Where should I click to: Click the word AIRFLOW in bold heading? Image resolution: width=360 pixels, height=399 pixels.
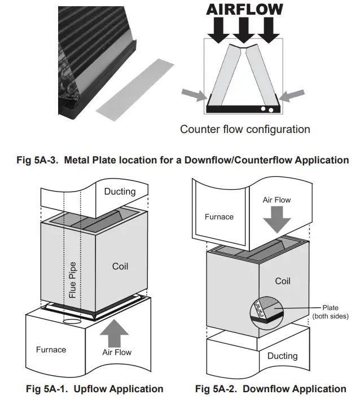pyautogui.click(x=244, y=9)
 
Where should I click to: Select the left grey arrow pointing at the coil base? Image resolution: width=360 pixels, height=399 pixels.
pyautogui.click(x=193, y=96)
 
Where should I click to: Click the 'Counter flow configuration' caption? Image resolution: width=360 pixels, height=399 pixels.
pyautogui.click(x=245, y=129)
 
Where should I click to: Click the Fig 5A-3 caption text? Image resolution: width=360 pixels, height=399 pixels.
pyautogui.click(x=181, y=160)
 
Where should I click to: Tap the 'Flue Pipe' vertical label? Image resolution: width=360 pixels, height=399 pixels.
pyautogui.click(x=72, y=279)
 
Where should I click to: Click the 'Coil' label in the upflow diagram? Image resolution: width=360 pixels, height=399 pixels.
pyautogui.click(x=120, y=266)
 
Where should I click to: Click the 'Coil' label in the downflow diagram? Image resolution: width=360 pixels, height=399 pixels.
pyautogui.click(x=282, y=280)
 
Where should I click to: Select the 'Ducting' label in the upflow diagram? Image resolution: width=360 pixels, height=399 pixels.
pyautogui.click(x=120, y=192)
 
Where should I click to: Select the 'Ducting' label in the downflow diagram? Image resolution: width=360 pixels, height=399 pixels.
pyautogui.click(x=282, y=356)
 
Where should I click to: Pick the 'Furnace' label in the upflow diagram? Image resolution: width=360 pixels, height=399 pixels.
pyautogui.click(x=51, y=349)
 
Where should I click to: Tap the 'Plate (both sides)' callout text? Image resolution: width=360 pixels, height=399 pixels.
pyautogui.click(x=331, y=312)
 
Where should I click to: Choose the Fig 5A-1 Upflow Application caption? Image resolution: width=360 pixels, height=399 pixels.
pyautogui.click(x=95, y=389)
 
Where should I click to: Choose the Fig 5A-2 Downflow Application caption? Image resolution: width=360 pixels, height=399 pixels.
pyautogui.click(x=271, y=389)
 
